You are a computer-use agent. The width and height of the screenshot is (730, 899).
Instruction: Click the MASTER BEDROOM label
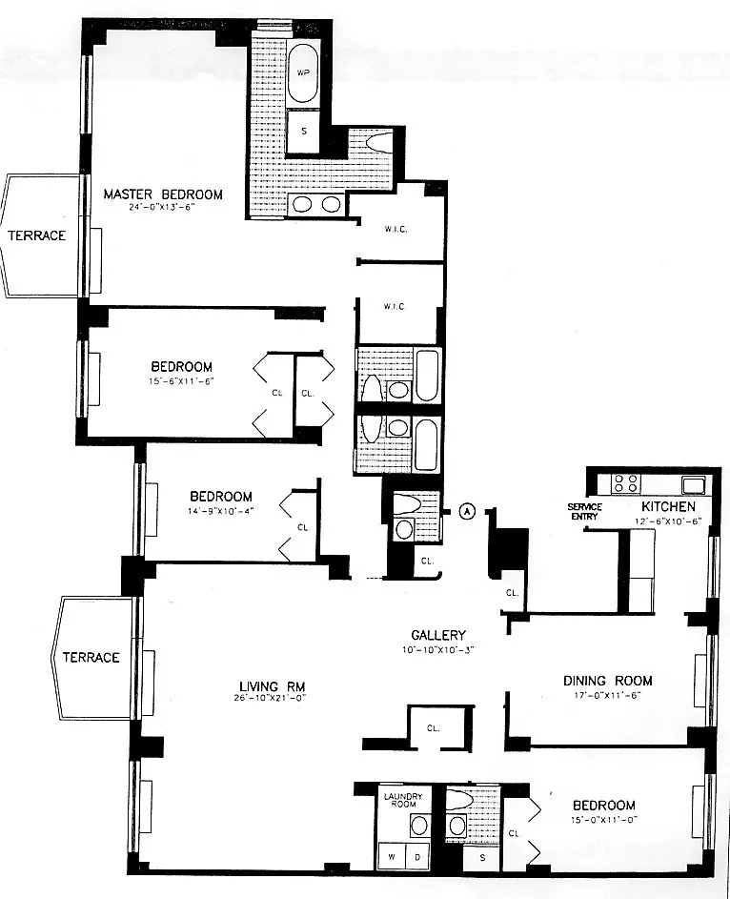click(x=163, y=194)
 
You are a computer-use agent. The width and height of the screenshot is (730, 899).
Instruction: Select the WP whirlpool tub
click(x=304, y=73)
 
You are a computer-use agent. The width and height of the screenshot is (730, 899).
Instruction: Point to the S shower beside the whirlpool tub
click(x=304, y=132)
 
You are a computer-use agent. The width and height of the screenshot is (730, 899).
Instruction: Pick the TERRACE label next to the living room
click(x=91, y=657)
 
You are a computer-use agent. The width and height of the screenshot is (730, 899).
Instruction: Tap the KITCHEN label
click(x=667, y=506)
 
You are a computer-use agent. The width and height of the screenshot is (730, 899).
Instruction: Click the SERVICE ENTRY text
click(x=584, y=511)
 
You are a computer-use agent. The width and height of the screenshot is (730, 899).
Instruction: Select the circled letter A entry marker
click(x=467, y=510)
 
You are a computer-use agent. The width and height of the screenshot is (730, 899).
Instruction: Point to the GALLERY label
click(x=437, y=635)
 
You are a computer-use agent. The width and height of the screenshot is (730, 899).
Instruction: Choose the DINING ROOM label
click(x=607, y=681)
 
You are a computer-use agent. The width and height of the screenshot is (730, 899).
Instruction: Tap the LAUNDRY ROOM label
click(x=401, y=799)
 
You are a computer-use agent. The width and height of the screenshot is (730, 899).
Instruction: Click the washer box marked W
click(x=392, y=856)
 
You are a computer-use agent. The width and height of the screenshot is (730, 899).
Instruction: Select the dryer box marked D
click(x=416, y=856)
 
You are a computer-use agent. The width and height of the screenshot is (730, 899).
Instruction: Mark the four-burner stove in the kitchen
click(x=625, y=482)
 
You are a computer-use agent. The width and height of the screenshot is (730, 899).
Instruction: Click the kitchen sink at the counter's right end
click(x=692, y=482)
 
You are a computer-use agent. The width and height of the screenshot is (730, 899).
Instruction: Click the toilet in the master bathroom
click(x=378, y=144)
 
